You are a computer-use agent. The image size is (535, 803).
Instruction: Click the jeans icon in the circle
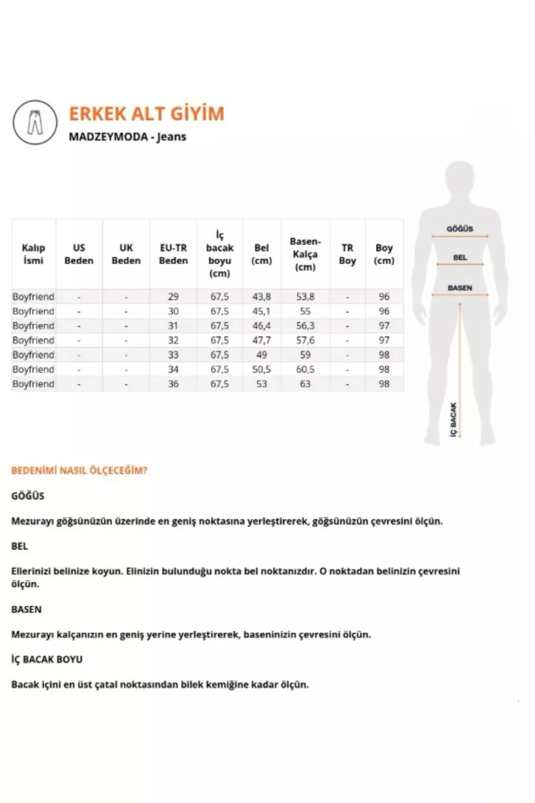(35, 123)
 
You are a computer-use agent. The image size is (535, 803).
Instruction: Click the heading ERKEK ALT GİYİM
(147, 114)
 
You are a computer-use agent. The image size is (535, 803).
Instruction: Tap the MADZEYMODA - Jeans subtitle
(127, 137)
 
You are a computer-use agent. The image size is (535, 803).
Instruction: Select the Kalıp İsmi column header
(33, 254)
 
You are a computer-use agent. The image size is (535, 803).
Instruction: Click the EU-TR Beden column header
(173, 254)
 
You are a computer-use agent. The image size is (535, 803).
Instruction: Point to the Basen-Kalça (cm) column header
(305, 254)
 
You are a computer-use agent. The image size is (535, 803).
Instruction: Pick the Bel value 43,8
(262, 297)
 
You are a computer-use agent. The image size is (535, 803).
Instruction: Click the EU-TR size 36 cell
(173, 384)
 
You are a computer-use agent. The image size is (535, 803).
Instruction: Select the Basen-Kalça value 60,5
(305, 369)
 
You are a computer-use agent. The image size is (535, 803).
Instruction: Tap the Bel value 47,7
(262, 340)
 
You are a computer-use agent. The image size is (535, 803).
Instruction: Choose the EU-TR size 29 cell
(173, 297)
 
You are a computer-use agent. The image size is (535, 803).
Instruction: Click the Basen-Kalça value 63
(305, 384)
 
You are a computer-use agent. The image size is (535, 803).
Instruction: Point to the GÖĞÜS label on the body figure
(460, 229)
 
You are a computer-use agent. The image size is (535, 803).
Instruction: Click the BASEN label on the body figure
(460, 288)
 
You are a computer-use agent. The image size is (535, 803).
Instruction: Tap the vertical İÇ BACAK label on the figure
(454, 421)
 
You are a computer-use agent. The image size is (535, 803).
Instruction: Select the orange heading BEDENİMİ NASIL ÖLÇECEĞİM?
(79, 470)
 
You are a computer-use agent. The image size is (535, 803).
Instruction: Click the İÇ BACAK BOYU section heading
(47, 659)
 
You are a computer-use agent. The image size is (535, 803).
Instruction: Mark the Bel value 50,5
(262, 369)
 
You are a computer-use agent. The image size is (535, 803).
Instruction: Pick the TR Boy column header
(347, 254)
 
